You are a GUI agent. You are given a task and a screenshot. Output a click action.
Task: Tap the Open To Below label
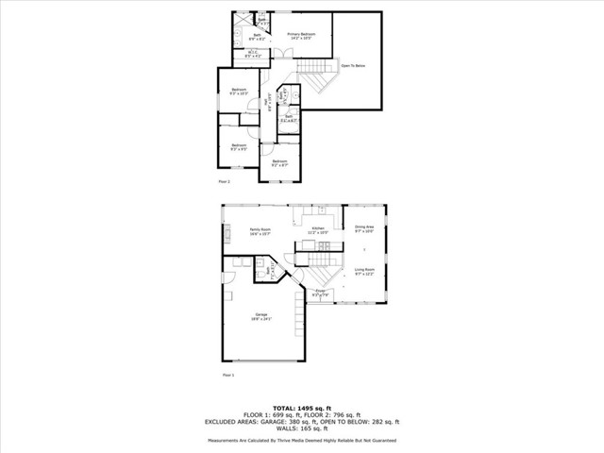pos(353,67)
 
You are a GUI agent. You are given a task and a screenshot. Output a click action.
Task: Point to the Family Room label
pos(260,229)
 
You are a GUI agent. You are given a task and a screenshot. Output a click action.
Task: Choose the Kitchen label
pos(318,229)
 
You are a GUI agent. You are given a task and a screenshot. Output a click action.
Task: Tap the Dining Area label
pos(364,227)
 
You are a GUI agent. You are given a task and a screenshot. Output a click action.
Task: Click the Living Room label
pos(364,270)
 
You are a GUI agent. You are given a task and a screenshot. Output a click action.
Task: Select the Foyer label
pos(321,292)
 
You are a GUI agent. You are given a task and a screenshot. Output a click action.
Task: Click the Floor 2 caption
pos(225,180)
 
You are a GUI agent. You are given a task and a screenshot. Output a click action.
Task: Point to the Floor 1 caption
pos(227,375)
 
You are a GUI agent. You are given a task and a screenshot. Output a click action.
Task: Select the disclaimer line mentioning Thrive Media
pos(301,440)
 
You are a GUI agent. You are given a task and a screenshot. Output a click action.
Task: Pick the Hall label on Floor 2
pos(266,105)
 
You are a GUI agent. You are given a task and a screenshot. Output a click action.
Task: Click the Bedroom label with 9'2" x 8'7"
pos(279,161)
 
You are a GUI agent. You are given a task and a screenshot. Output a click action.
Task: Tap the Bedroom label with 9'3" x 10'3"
pos(239,90)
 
